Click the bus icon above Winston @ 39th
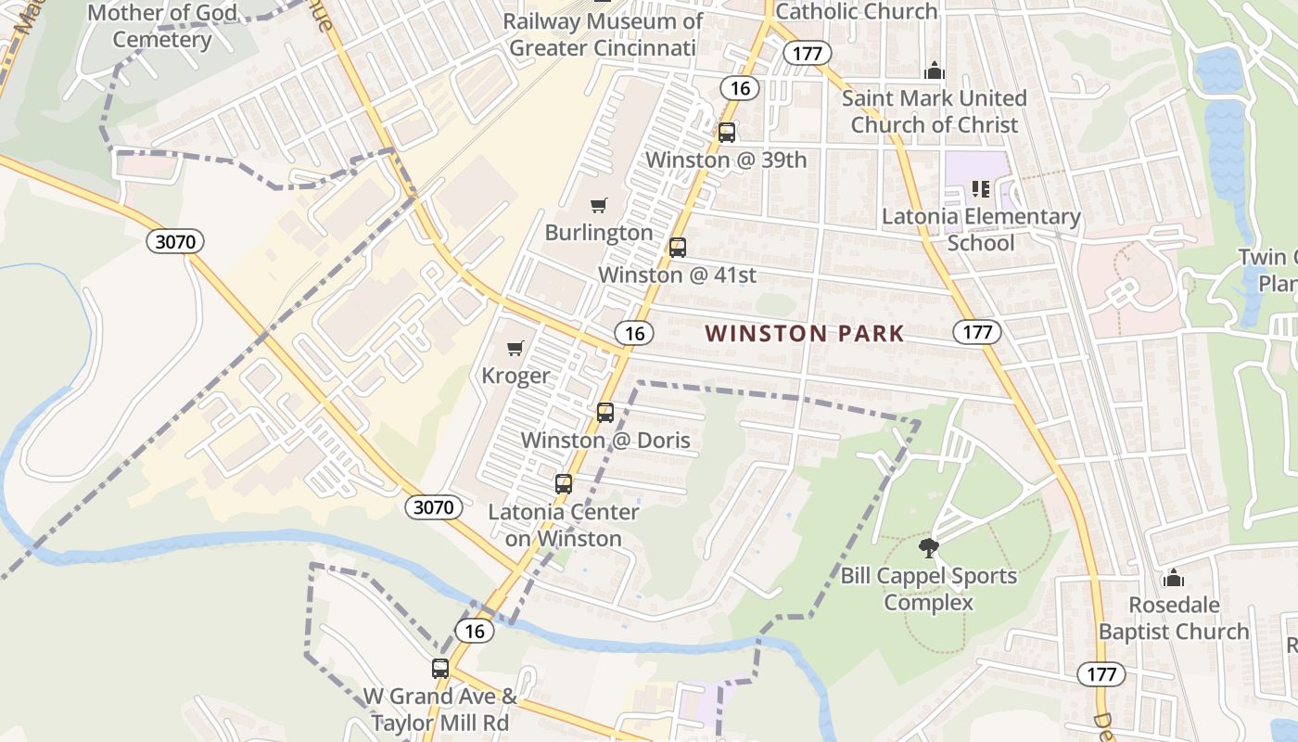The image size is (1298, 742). (727, 133)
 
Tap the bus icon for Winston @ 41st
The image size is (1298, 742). (678, 248)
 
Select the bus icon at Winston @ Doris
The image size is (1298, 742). (605, 413)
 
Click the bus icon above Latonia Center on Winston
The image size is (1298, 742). (564, 484)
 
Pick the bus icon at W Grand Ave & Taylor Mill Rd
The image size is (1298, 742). (440, 669)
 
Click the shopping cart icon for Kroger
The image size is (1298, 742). (515, 349)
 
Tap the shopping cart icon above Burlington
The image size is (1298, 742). (599, 205)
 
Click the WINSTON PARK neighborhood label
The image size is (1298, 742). (805, 334)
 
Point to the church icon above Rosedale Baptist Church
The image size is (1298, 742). (1174, 578)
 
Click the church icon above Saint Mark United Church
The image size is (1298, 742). (934, 70)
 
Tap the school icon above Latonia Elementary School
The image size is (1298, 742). (981, 190)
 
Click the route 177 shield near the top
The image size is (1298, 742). (807, 53)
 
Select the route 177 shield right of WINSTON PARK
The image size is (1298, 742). (977, 332)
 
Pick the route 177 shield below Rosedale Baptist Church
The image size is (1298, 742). (1101, 673)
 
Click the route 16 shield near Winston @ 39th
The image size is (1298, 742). (740, 88)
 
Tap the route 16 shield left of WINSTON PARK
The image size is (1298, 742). (634, 333)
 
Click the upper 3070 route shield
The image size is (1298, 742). (175, 242)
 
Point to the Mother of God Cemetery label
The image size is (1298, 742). (162, 26)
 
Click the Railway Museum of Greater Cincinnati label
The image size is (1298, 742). (602, 34)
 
